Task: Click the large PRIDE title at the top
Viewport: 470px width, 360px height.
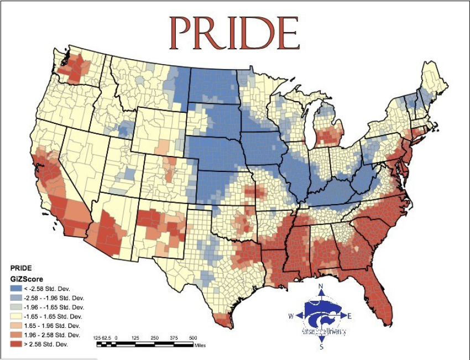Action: coord(234,33)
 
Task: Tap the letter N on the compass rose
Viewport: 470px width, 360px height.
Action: coord(321,286)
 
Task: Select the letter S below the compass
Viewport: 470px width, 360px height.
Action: coord(321,347)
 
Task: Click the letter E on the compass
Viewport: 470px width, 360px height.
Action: coord(350,316)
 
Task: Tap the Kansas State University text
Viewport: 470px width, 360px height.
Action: coord(324,332)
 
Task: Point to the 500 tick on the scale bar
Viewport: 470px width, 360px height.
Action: coord(193,337)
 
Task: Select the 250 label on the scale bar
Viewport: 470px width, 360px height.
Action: coord(155,337)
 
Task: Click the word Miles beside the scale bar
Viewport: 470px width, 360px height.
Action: coord(201,345)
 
